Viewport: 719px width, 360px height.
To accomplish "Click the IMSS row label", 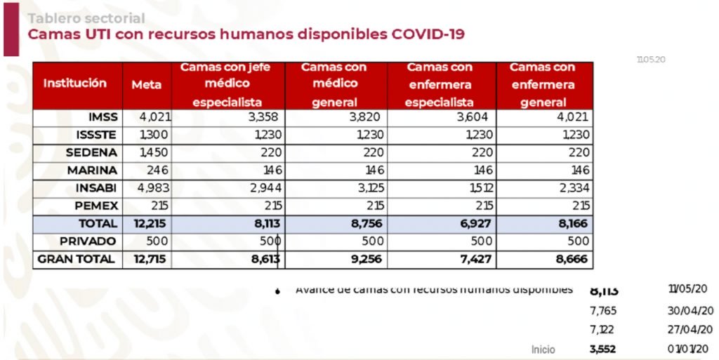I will tap(103, 117).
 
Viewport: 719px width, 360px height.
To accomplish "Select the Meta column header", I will tap(146, 84).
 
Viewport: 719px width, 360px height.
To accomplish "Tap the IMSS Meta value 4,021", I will tap(157, 117).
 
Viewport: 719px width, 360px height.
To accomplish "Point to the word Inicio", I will tap(543, 349).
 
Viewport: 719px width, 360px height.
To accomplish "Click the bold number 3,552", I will tap(603, 349).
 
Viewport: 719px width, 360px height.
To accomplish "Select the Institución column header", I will tap(75, 83).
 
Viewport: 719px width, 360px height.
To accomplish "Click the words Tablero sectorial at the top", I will tap(86, 18).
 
